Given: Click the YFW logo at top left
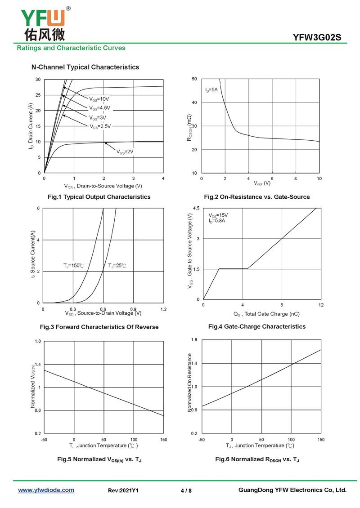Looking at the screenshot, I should tap(43, 22).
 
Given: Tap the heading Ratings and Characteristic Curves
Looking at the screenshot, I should tap(71, 48).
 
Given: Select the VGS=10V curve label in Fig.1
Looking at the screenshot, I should tap(99, 99).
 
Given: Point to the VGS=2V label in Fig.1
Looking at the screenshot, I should tap(125, 152).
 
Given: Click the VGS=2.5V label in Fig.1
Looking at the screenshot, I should tap(100, 126).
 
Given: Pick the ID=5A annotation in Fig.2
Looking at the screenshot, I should tap(211, 90).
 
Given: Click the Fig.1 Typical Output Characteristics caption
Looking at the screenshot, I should tap(99, 197).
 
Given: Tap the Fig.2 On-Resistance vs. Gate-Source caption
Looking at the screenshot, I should tap(256, 197).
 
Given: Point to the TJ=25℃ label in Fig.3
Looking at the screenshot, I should tap(117, 266).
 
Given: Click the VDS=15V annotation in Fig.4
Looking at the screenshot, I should tap(218, 215).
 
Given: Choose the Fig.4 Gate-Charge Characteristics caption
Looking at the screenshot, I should tap(256, 326).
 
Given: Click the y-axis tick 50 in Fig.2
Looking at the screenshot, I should tap(194, 79).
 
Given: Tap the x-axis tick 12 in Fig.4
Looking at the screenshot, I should tap(320, 305).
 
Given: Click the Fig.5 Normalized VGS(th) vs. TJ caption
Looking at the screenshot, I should tap(99, 459).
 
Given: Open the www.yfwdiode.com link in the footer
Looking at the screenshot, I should tap(46, 490).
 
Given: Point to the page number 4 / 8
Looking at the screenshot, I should tap(186, 490).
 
